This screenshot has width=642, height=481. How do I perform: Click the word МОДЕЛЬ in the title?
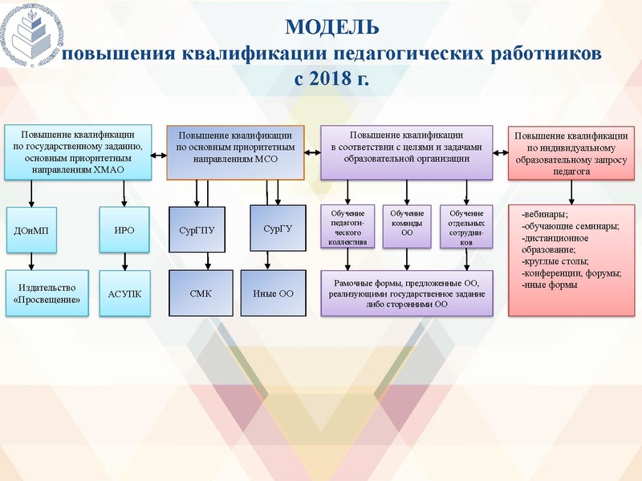pyautogui.click(x=331, y=27)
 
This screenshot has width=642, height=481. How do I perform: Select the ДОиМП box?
pyautogui.click(x=31, y=229)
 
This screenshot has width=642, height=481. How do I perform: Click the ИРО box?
pyautogui.click(x=124, y=229)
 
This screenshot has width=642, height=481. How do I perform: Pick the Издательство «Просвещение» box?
pyautogui.click(x=47, y=293)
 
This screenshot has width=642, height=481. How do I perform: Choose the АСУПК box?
pyautogui.click(x=124, y=294)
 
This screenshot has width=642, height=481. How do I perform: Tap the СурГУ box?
pyautogui.click(x=278, y=230)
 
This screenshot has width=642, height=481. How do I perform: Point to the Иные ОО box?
pyautogui.click(x=274, y=294)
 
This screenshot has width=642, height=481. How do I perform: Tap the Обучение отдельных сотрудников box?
pyautogui.click(x=466, y=227)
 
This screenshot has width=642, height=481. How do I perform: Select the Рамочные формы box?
pyautogui.click(x=407, y=293)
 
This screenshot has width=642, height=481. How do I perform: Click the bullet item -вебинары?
pyautogui.click(x=545, y=214)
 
